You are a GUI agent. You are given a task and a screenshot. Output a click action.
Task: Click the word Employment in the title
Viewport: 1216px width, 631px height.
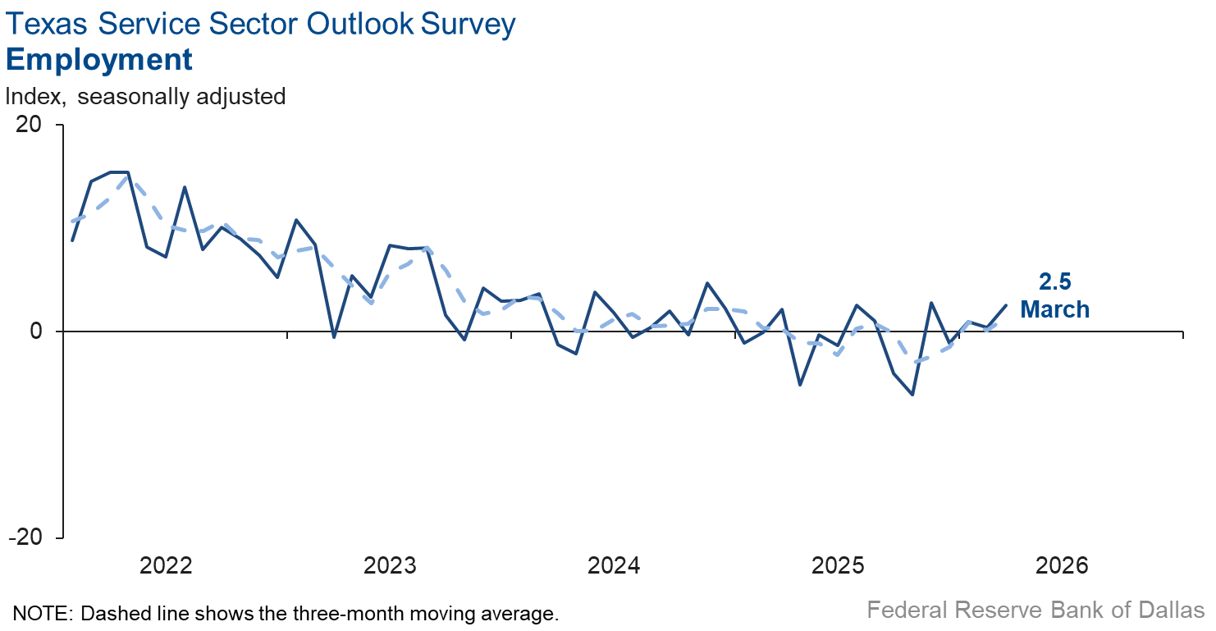pos(99,60)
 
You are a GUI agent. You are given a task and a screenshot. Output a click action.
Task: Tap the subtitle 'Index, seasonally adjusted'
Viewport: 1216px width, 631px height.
pos(145,96)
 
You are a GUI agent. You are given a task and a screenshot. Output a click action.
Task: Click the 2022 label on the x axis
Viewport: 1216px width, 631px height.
pos(166,565)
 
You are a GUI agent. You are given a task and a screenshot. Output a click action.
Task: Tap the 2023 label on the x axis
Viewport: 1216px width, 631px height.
pos(390,565)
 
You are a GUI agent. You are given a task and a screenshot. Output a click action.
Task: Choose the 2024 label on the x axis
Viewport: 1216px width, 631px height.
pos(614,565)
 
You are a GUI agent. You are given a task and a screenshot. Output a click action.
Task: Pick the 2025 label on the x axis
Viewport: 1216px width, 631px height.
pos(838,565)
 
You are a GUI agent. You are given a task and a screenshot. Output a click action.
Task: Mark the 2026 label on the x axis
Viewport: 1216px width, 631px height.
pos(1062,565)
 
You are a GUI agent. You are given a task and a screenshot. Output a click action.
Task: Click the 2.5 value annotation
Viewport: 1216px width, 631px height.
pos(1054,281)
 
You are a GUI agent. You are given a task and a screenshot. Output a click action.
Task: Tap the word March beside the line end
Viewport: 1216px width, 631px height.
pos(1054,309)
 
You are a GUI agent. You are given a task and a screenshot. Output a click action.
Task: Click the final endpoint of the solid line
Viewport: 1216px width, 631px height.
pos(1007,305)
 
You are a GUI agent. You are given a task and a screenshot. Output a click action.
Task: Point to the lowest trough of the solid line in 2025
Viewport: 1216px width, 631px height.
pos(912,395)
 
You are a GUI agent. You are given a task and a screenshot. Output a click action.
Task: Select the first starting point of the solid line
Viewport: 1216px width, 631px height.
pos(72,240)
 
